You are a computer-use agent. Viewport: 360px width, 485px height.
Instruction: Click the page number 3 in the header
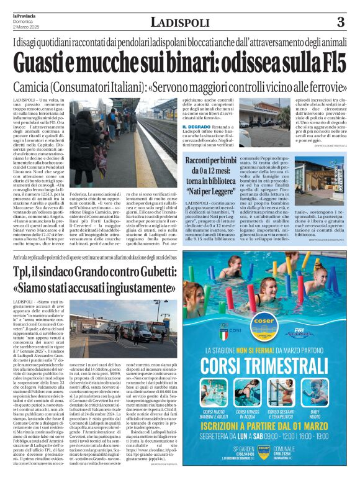(x=340, y=22)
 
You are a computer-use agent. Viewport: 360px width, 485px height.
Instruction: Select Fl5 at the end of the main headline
(x=328, y=63)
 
